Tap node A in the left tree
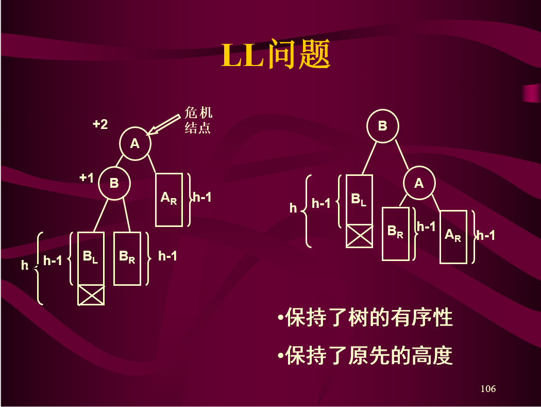coord(135,143)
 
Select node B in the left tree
coord(114,183)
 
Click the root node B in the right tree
coord(382,125)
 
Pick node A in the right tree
coord(419,183)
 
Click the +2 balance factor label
coord(100,124)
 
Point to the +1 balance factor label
coord(87,178)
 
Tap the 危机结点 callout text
coord(198,121)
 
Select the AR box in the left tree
coord(169,199)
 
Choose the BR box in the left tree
coord(127,258)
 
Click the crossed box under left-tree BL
coord(91,295)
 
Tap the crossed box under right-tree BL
coord(359,236)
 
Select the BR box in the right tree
coord(395,234)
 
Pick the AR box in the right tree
coord(453,237)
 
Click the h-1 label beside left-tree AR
coord(202,197)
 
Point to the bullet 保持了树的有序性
coord(365,317)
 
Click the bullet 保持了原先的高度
coord(365,355)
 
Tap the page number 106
coord(487,388)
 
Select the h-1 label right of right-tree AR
coord(485,236)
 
